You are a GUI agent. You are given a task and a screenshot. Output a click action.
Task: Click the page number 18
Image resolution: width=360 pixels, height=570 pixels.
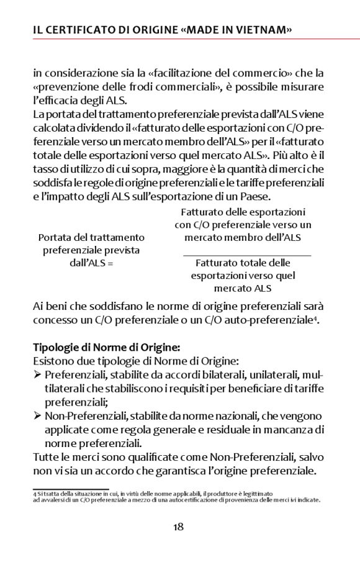pyautogui.click(x=178, y=527)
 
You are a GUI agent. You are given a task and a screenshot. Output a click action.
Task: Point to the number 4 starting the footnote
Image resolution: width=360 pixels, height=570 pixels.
pyautogui.click(x=35, y=493)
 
